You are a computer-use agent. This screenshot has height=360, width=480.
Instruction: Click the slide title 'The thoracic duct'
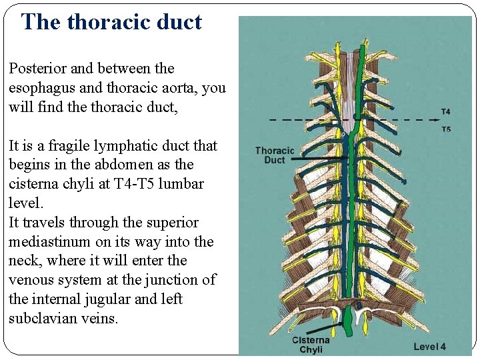pos(111,22)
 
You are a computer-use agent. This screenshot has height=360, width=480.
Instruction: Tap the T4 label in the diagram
pos(445,111)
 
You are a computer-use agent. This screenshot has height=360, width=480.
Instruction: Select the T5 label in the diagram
pos(445,129)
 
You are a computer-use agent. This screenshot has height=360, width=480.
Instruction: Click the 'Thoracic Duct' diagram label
pos(274,155)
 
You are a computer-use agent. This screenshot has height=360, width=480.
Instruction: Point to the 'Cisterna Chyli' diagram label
pos(311,345)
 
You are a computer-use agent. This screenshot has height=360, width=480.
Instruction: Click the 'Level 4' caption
pos(429,346)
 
